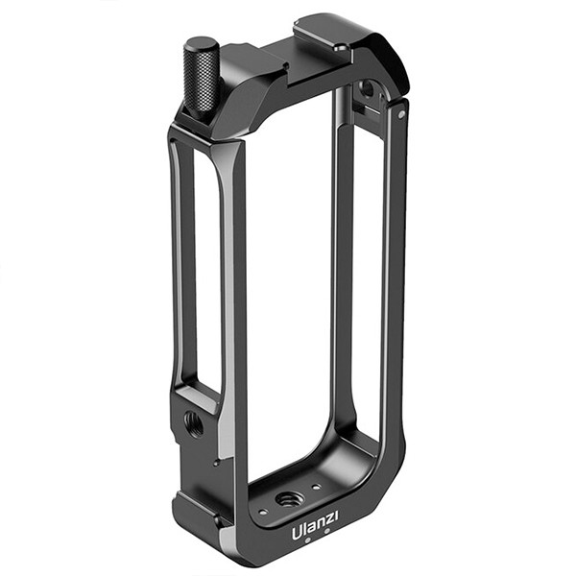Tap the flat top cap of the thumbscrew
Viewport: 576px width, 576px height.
coord(203,44)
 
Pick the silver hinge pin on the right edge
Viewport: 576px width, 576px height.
coord(401,112)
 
